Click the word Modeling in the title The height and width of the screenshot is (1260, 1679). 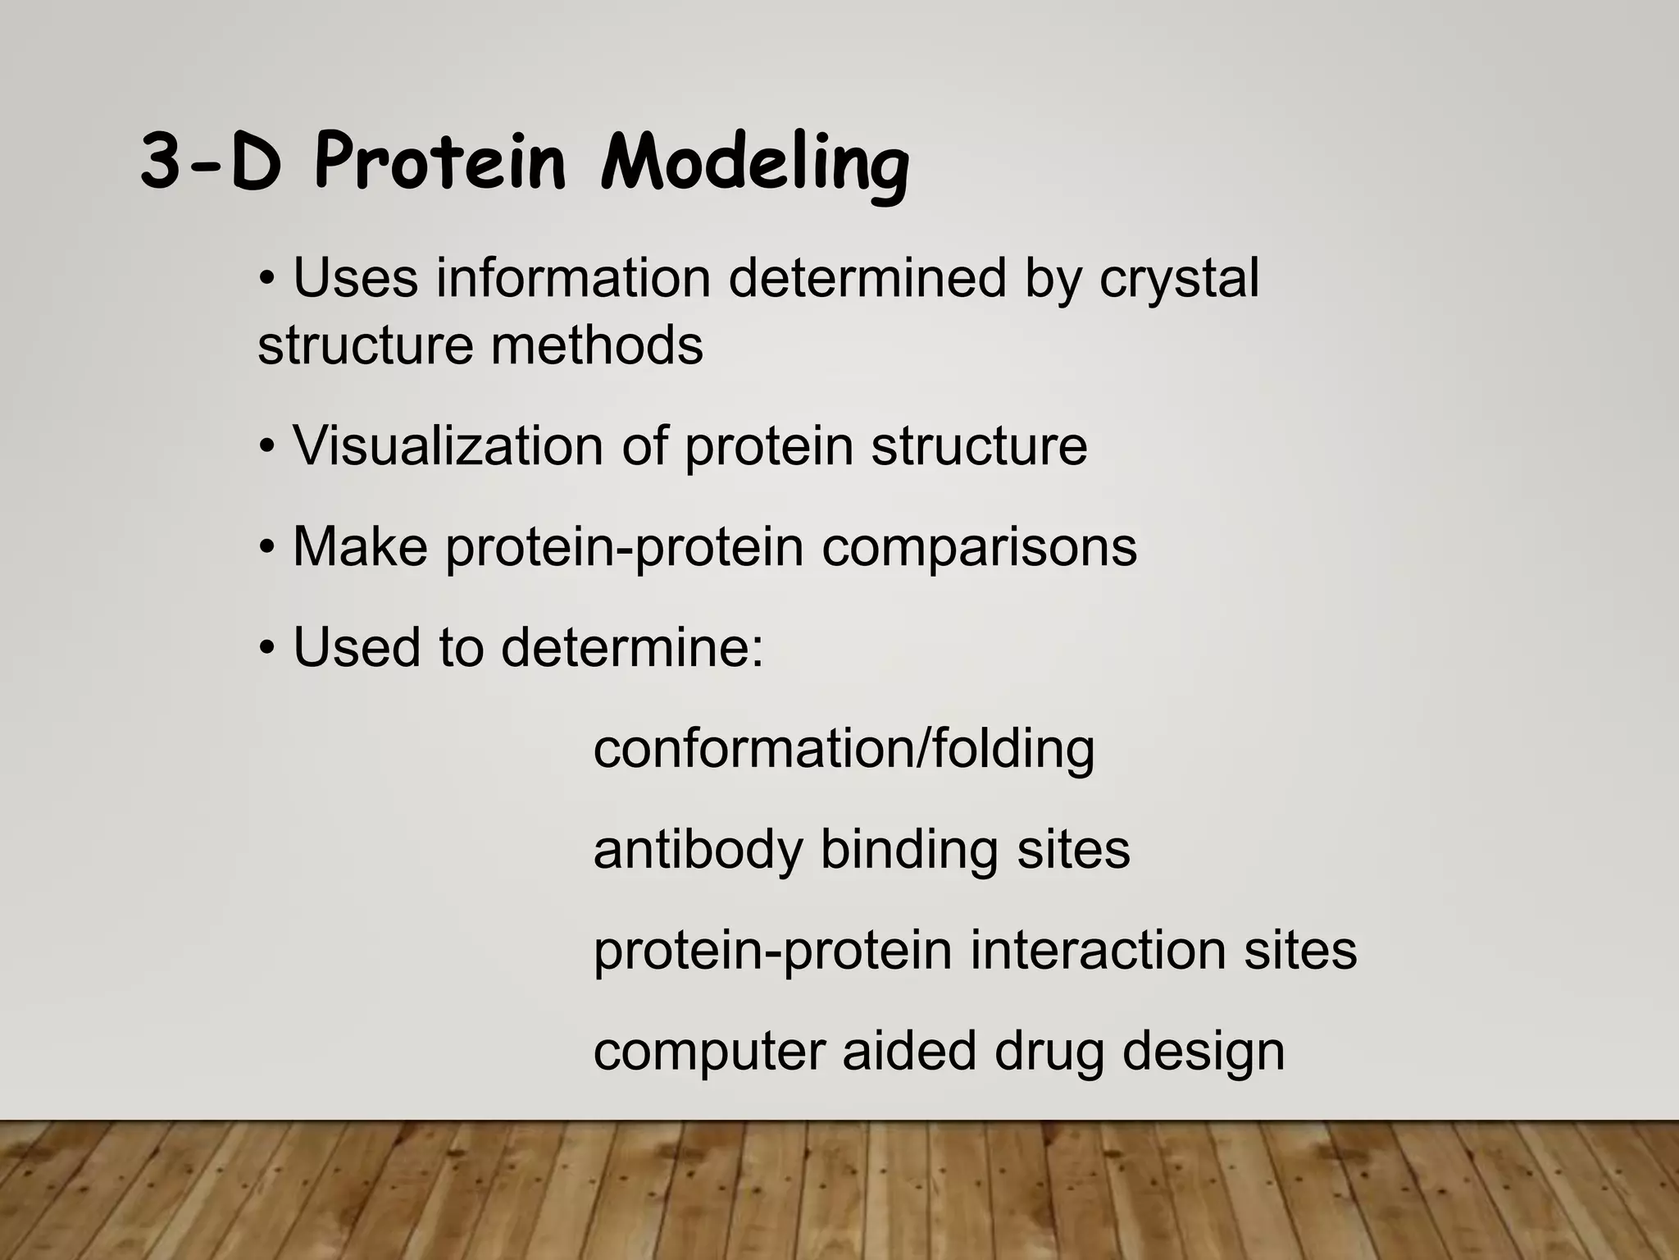[x=754, y=164]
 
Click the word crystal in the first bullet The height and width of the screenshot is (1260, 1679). [x=1178, y=278]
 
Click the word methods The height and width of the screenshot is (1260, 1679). [x=597, y=345]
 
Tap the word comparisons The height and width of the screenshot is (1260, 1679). [x=979, y=548]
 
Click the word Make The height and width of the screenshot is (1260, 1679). [x=360, y=547]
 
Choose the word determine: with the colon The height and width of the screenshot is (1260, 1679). [x=632, y=648]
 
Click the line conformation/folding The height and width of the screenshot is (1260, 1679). [x=844, y=750]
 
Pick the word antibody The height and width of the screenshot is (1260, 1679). [x=698, y=850]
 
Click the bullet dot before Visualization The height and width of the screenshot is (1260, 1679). [x=266, y=448]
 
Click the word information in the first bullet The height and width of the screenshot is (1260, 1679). [x=572, y=278]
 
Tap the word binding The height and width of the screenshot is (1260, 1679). [x=909, y=850]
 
